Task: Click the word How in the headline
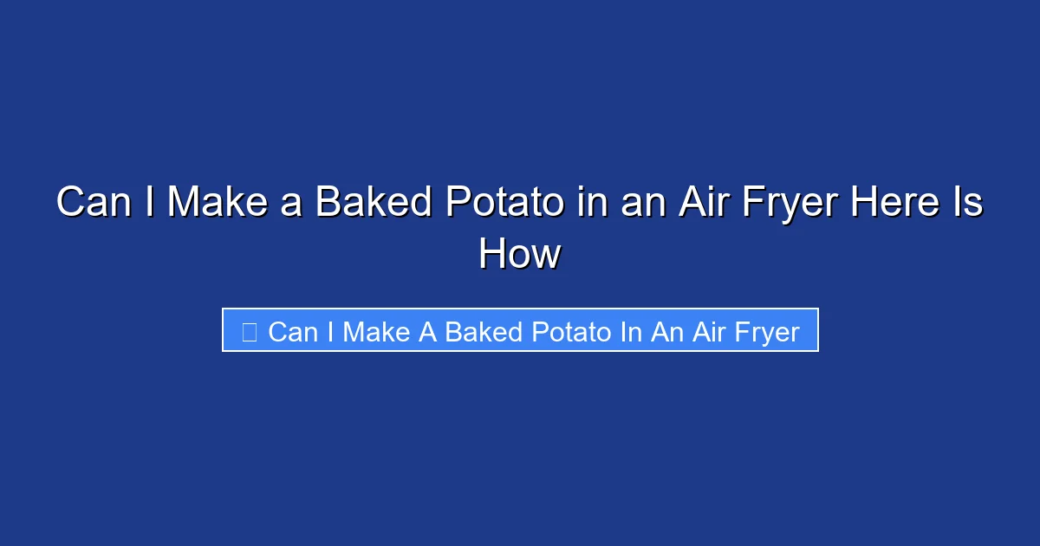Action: [x=520, y=255]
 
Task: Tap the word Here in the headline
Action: [x=892, y=203]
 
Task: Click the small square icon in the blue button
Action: [x=249, y=332]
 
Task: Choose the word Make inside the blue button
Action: [x=377, y=332]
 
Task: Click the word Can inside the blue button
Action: [x=294, y=332]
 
